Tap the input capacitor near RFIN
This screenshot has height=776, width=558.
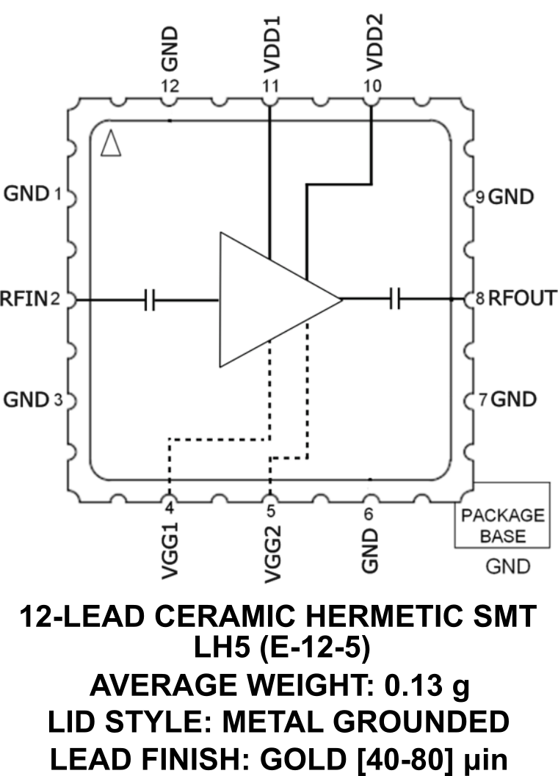(x=151, y=300)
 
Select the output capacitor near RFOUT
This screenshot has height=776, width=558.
(x=395, y=300)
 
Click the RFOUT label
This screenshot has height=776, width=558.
(x=522, y=299)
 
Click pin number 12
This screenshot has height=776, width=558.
(x=170, y=87)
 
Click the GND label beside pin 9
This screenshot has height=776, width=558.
(x=512, y=197)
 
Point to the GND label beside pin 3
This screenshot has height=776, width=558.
(x=26, y=400)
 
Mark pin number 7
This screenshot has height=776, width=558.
(x=482, y=400)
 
